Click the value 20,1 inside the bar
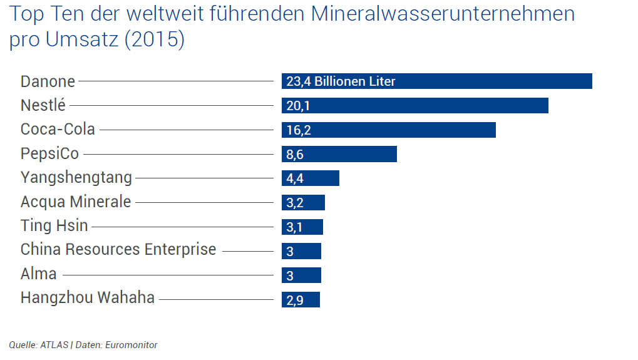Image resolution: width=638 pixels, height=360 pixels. click(x=298, y=106)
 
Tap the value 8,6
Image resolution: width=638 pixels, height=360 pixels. click(x=295, y=155)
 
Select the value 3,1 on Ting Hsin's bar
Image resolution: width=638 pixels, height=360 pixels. click(x=294, y=227)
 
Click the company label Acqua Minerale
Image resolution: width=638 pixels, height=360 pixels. click(x=76, y=202)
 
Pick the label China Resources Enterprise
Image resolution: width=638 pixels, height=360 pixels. click(x=118, y=249)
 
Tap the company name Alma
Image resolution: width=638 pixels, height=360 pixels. click(x=39, y=274)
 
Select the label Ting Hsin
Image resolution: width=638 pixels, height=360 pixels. click(x=54, y=225)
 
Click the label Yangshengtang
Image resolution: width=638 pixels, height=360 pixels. click(x=76, y=178)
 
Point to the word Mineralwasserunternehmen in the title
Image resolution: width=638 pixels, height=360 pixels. click(x=442, y=14)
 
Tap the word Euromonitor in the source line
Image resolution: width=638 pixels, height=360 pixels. click(x=132, y=345)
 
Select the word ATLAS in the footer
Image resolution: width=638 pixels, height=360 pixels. click(x=54, y=345)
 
